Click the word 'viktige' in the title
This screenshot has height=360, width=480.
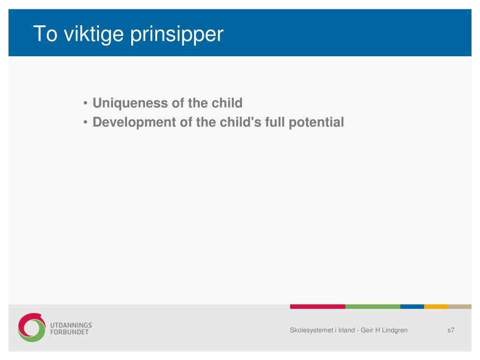coord(94,34)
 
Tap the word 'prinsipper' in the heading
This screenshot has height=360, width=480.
coord(177,35)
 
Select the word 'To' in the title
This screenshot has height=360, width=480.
coord(45,33)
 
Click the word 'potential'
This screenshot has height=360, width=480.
coord(316,122)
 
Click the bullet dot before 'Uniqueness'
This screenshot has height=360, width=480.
coord(85,103)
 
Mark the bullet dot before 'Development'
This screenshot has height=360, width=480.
coord(85,122)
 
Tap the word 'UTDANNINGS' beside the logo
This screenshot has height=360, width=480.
coord(71,325)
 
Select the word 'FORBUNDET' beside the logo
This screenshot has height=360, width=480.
coord(69,332)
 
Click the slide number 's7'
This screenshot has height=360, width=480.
coord(450,330)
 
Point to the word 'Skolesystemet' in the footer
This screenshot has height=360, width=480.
coord(311,330)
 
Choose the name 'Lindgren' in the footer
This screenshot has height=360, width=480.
coord(395,330)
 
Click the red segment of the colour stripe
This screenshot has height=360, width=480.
coord(317,307)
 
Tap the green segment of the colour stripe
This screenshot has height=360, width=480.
coord(373,307)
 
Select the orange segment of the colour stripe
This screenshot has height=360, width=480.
coord(436,307)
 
